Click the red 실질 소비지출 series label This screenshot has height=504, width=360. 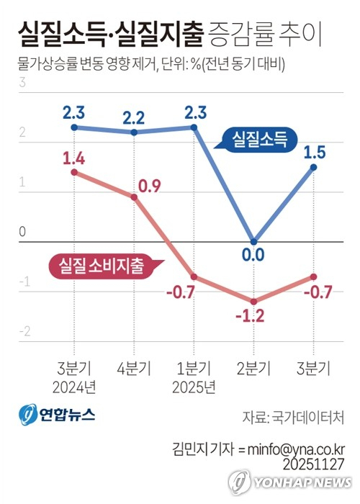click(x=97, y=266)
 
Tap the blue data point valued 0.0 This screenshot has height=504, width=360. click(x=253, y=242)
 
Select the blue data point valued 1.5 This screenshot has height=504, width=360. click(x=313, y=167)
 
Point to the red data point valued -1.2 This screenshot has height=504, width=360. click(x=253, y=301)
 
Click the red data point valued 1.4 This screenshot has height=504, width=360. click(x=75, y=172)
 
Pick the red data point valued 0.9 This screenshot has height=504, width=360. click(x=135, y=197)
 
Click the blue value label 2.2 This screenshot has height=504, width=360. click(x=134, y=116)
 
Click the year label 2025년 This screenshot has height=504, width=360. click(x=194, y=387)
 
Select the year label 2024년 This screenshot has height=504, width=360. click(x=75, y=387)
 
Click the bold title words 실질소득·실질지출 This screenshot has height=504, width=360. click(x=109, y=33)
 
